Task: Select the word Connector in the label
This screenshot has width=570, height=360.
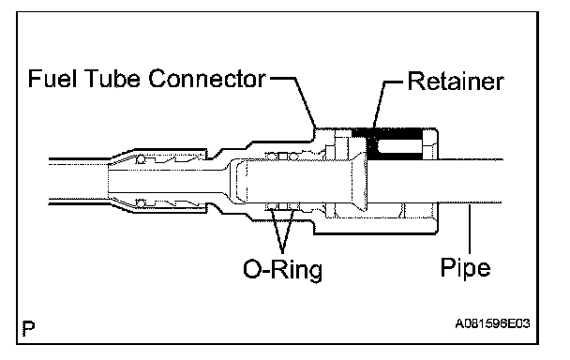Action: tap(207, 79)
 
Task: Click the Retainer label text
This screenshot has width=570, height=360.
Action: tap(456, 81)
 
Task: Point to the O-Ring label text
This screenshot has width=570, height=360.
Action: tap(282, 270)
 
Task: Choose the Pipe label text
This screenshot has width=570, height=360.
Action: tap(465, 268)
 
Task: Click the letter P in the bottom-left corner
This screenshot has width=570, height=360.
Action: tap(28, 328)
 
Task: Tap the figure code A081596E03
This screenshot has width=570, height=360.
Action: tap(492, 323)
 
